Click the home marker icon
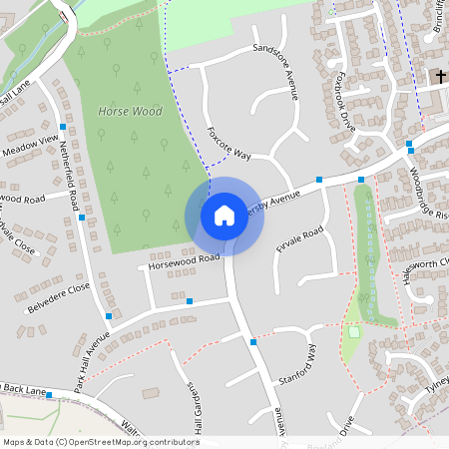224,216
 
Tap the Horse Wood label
130,112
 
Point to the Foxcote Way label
228,143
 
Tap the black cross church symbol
438,77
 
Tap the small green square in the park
353,332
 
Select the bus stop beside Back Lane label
49,395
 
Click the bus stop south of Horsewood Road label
189,300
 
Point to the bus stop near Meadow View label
63,127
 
